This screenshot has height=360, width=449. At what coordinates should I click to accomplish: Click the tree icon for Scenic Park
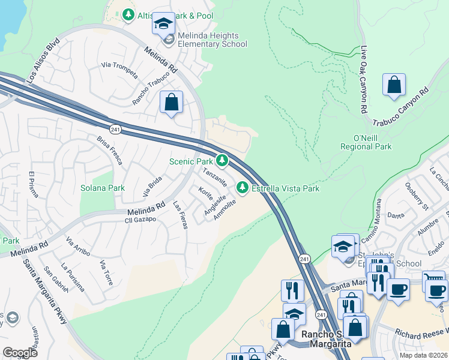223,160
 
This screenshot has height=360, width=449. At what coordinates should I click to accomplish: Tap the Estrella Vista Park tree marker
243,188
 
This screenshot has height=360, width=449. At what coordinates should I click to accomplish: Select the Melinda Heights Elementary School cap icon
163,25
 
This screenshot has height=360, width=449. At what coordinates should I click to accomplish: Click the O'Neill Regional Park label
366,142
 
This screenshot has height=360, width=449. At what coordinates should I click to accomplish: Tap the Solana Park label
103,188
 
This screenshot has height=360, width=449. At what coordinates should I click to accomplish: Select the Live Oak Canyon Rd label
364,81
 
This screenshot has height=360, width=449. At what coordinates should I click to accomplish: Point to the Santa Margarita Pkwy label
44,290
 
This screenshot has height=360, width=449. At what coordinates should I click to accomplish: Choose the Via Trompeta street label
120,71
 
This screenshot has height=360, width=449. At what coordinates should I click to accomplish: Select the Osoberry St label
417,196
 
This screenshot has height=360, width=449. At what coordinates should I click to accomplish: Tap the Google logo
20,352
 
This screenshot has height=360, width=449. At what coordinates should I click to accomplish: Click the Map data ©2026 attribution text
423,355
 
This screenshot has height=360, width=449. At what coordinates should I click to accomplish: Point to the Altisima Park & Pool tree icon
128,14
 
